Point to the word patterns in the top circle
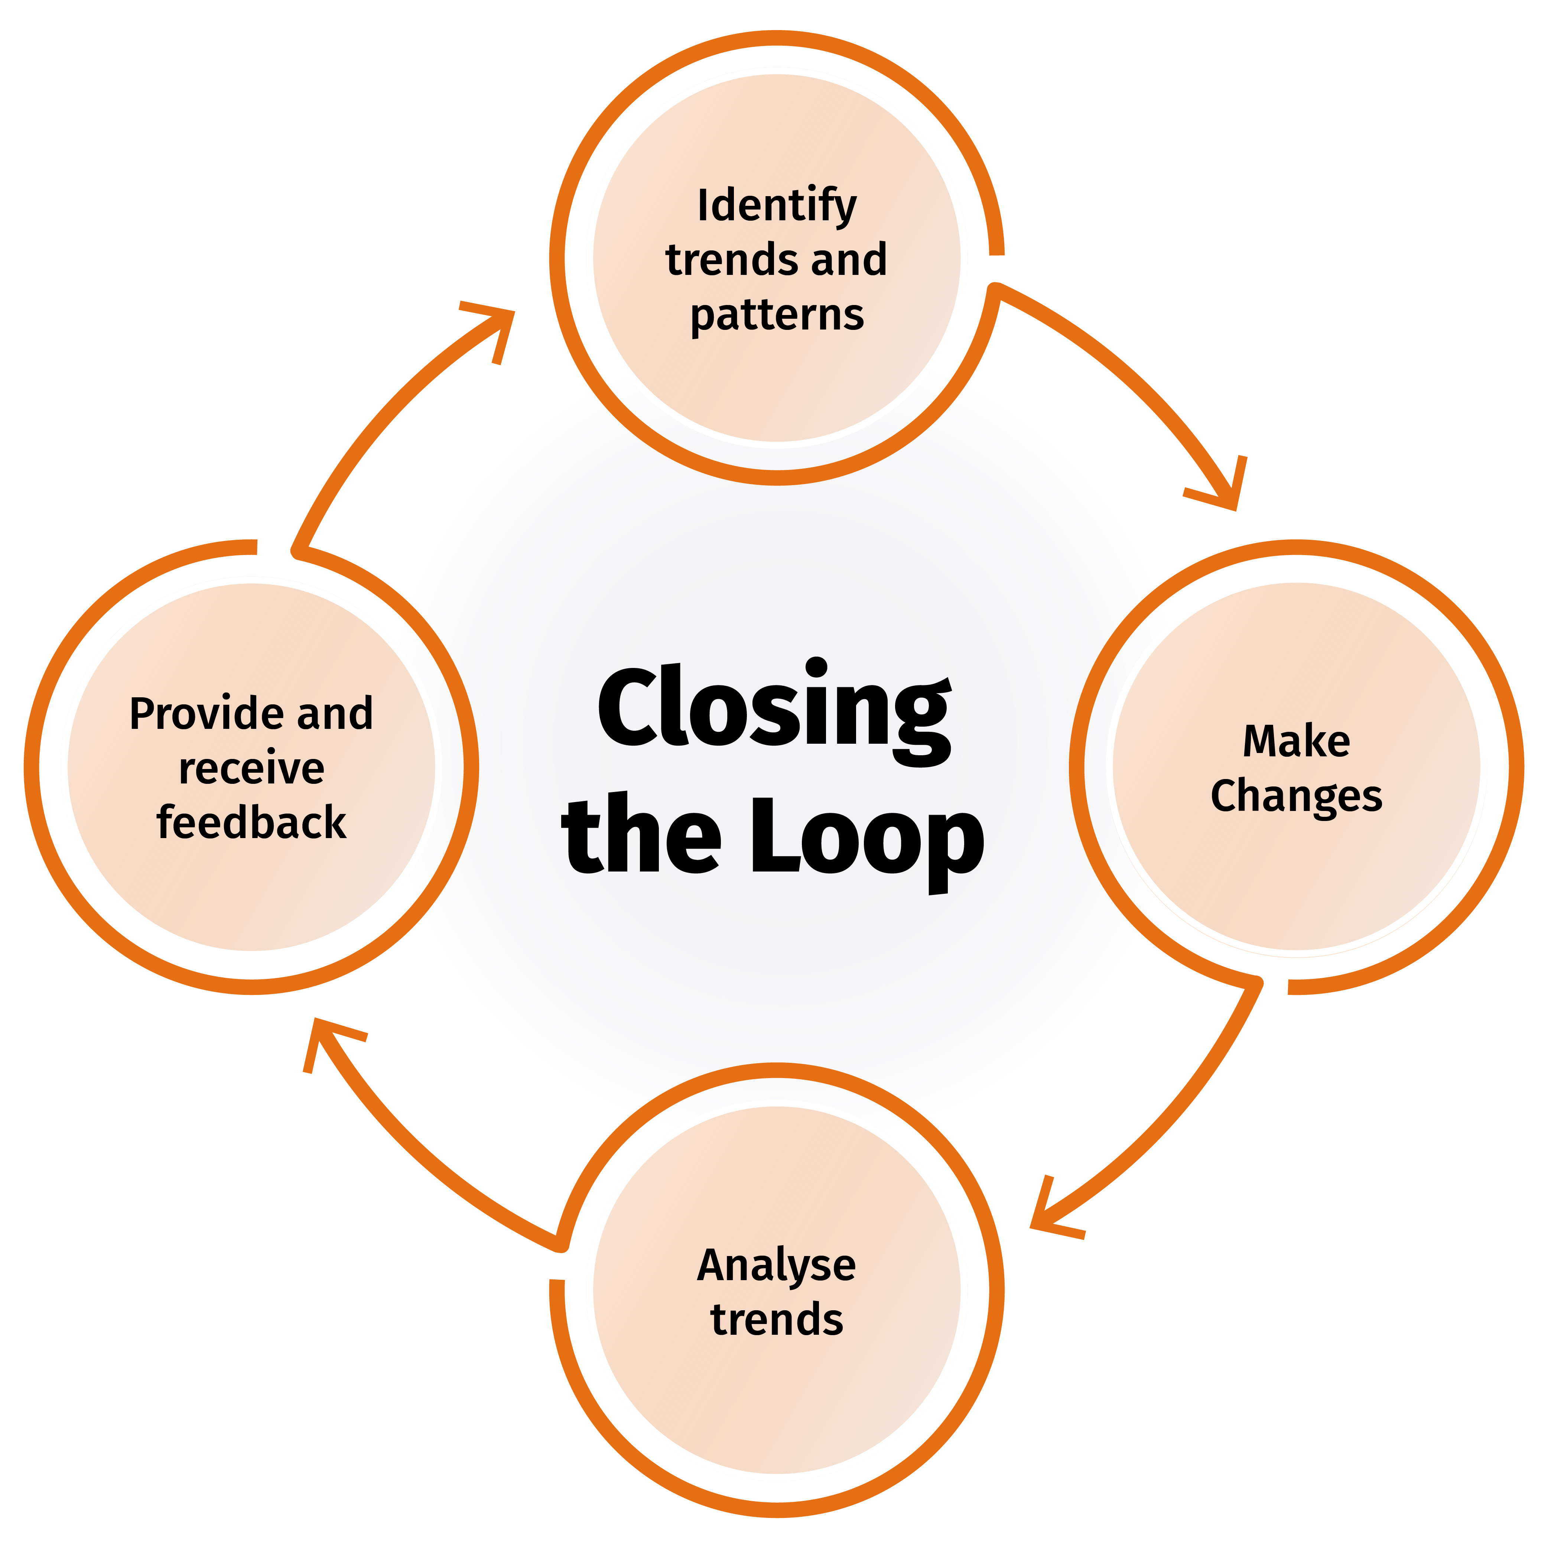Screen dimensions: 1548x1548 tap(776, 315)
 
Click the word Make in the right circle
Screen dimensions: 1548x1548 tap(1295, 741)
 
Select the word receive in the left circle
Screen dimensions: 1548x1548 tap(251, 768)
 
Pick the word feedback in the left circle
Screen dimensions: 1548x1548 tap(251, 823)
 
